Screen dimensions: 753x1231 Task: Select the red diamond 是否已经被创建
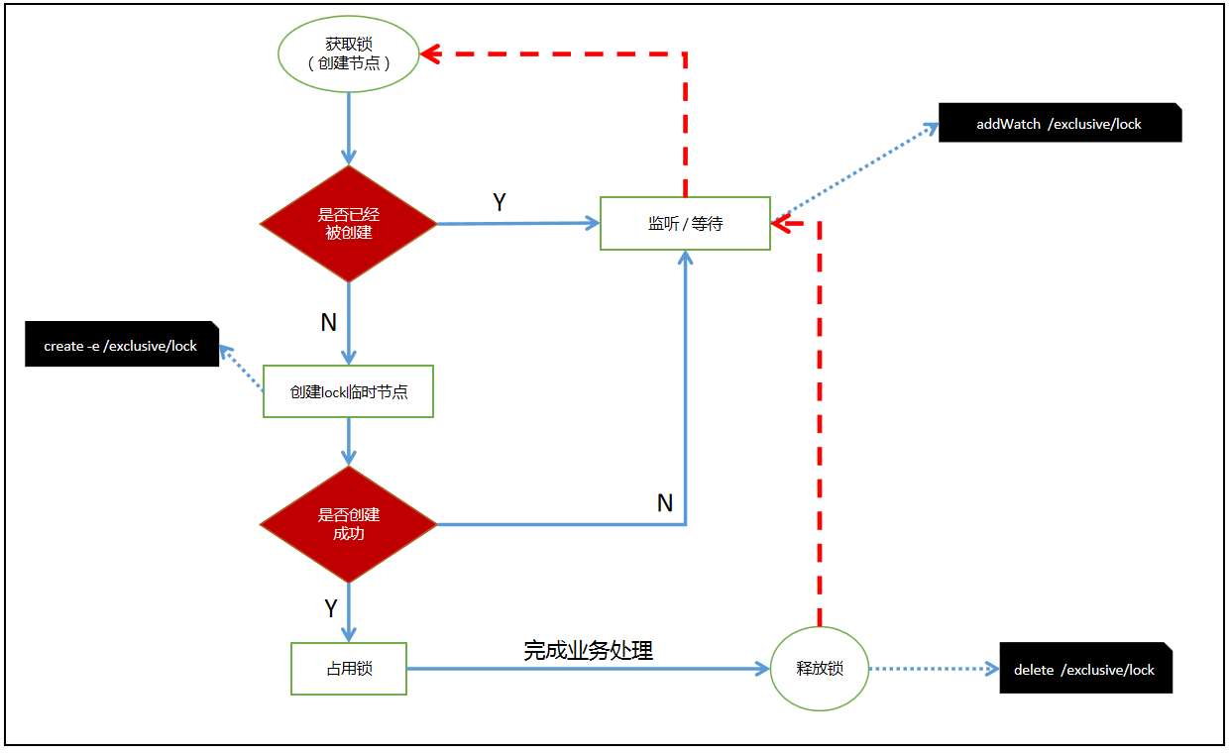tap(348, 224)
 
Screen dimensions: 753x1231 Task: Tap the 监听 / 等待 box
tap(685, 223)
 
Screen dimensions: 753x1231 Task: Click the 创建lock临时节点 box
tap(348, 391)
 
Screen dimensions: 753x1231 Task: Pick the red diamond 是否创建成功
tap(348, 524)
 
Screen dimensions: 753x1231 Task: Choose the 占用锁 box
tap(348, 669)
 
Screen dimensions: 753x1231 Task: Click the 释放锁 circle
tap(820, 669)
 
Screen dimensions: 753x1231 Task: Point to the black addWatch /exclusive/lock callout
tap(1060, 124)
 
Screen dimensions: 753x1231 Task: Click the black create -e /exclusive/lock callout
tap(121, 346)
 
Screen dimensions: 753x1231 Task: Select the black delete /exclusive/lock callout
tap(1085, 670)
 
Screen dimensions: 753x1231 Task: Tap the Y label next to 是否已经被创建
tap(500, 203)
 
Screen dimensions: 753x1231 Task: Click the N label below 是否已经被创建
tap(328, 322)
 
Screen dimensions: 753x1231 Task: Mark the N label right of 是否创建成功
tap(665, 503)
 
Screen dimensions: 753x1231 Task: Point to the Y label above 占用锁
tap(331, 608)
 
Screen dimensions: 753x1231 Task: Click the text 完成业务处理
tap(588, 651)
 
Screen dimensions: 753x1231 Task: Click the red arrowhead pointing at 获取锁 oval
tap(431, 54)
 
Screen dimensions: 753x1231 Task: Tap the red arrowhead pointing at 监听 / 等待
tap(784, 224)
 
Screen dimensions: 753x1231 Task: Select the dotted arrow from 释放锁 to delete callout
tap(934, 669)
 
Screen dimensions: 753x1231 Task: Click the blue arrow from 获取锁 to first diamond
tap(348, 129)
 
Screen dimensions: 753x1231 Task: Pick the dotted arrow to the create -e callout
tap(241, 368)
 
